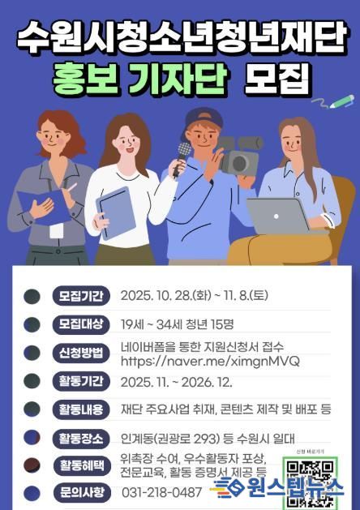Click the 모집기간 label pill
pos(79,296)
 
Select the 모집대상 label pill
pos(79,324)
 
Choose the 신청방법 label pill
pos(79,353)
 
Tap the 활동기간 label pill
pos(79,381)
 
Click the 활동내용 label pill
pos(79,409)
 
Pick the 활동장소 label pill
pos(79,439)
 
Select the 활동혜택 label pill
pos(79,465)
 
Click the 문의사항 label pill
pos(79,492)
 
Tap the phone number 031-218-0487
pos(161,492)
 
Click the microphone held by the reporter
pos(183,152)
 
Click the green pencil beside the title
pos(341,102)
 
